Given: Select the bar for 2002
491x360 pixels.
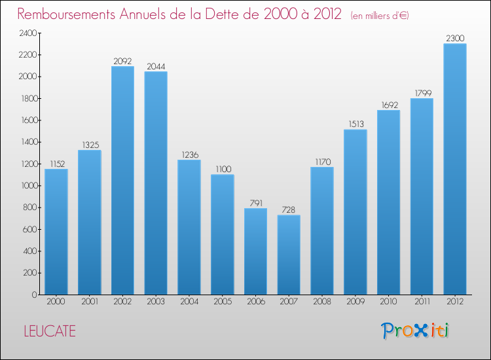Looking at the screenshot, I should click(122, 180).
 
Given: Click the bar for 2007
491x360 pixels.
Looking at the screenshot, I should click(289, 255).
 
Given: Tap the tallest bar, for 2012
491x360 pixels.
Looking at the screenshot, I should click(455, 169).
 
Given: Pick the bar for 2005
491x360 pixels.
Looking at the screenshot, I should click(222, 234).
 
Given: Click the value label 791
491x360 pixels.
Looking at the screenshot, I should click(255, 203).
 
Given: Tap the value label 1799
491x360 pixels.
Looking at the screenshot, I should click(422, 93).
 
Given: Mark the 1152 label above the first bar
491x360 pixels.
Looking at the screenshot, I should click(56, 164).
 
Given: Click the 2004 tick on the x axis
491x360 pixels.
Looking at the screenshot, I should click(189, 302).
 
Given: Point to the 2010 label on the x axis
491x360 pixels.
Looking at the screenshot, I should click(388, 302).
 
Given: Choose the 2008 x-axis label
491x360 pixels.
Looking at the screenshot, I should click(322, 302).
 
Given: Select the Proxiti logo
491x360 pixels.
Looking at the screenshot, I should click(416, 331).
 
